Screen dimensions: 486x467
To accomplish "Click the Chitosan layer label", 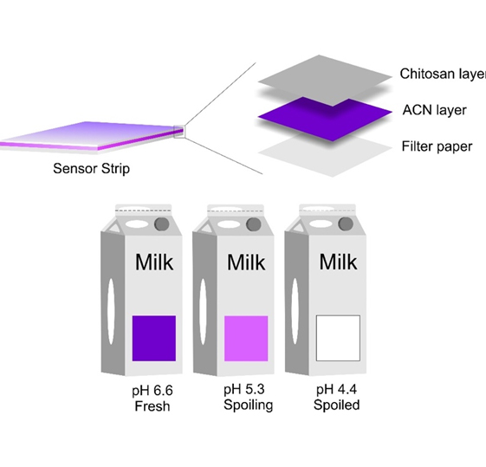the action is (443, 74).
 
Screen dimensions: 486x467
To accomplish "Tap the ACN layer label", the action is (435, 110).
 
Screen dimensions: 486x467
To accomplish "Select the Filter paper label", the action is (437, 146).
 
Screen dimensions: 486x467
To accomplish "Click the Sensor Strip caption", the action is (92, 169).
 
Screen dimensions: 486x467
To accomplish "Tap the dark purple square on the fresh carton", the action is (154, 339).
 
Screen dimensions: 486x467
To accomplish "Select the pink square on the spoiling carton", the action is (246, 339).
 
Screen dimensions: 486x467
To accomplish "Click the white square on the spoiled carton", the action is (338, 338).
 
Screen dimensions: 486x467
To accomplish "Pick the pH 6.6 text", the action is (152, 391).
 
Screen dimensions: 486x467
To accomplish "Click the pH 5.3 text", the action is (244, 390).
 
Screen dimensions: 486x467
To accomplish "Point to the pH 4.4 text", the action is (336, 389).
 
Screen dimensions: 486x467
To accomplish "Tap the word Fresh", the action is (152, 406).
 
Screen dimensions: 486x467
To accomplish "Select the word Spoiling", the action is (249, 405).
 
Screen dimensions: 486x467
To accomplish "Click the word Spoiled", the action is (337, 405).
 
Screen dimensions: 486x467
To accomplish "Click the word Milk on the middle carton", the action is (246, 263).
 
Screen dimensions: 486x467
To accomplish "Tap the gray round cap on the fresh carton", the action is (162, 224).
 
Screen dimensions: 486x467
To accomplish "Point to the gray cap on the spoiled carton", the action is (346, 224).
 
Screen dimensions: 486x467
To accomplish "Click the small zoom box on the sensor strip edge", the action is (179, 132).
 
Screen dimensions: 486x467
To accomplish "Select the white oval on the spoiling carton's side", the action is (203, 311).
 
